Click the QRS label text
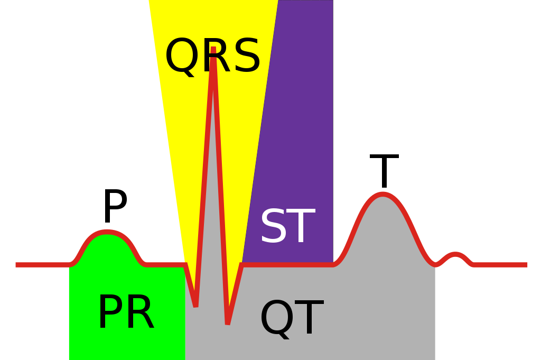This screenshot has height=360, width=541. (213, 57)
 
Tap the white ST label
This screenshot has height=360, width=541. (287, 227)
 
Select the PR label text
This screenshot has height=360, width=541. (126, 313)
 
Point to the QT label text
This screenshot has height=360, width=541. (291, 318)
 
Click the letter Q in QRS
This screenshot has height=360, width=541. (182, 57)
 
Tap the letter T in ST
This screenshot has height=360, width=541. (302, 227)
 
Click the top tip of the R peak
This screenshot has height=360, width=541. (213, 49)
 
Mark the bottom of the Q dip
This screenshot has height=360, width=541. (195, 306)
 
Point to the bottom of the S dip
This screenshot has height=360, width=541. (227, 323)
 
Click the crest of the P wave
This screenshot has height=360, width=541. (107, 232)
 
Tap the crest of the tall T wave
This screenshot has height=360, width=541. (382, 195)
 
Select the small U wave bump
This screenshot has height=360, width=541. (455, 255)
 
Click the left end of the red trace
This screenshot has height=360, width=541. (17, 264)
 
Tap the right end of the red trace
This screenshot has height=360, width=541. (526, 264)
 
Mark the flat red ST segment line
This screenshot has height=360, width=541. (288, 264)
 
